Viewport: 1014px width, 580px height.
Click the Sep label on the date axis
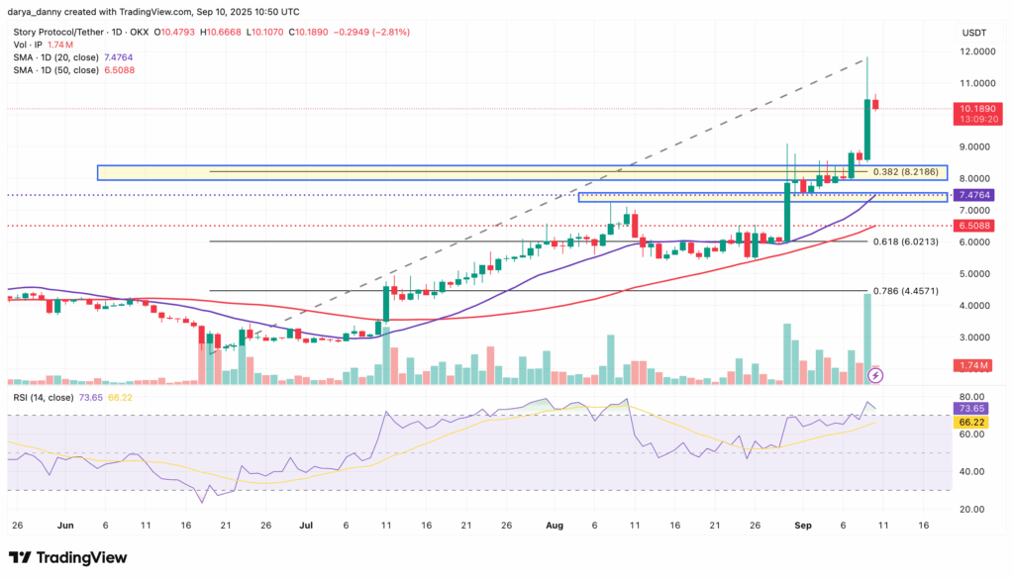[x=802, y=526]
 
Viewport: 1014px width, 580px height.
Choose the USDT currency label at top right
[x=974, y=33]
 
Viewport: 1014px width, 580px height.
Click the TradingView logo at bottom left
[x=67, y=557]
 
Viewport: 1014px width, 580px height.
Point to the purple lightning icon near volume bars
[x=875, y=375]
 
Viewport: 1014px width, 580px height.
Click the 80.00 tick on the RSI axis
[x=972, y=396]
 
